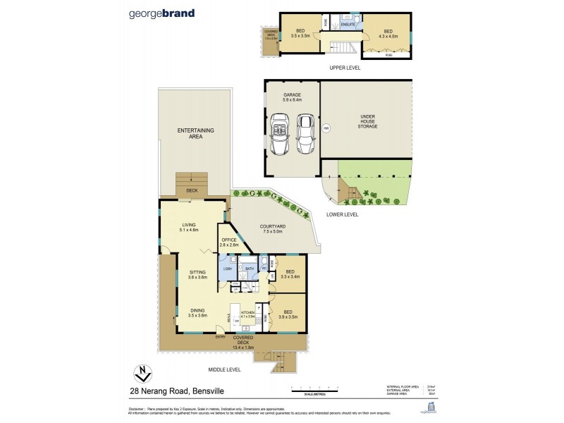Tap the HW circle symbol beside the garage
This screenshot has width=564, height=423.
(x=326, y=128)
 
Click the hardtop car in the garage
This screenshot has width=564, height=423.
(x=305, y=133)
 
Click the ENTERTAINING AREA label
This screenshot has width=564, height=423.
(x=195, y=133)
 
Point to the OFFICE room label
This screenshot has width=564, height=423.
(x=228, y=242)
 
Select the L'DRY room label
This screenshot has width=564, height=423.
(x=228, y=268)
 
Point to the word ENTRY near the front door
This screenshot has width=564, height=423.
(x=221, y=337)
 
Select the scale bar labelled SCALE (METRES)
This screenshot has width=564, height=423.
(x=324, y=389)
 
